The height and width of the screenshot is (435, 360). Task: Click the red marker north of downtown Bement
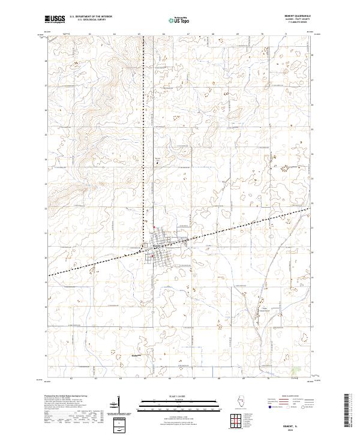coord(154,227)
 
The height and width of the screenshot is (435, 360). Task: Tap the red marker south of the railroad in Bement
coord(152,257)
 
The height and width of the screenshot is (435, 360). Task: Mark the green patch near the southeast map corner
coord(295,372)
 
